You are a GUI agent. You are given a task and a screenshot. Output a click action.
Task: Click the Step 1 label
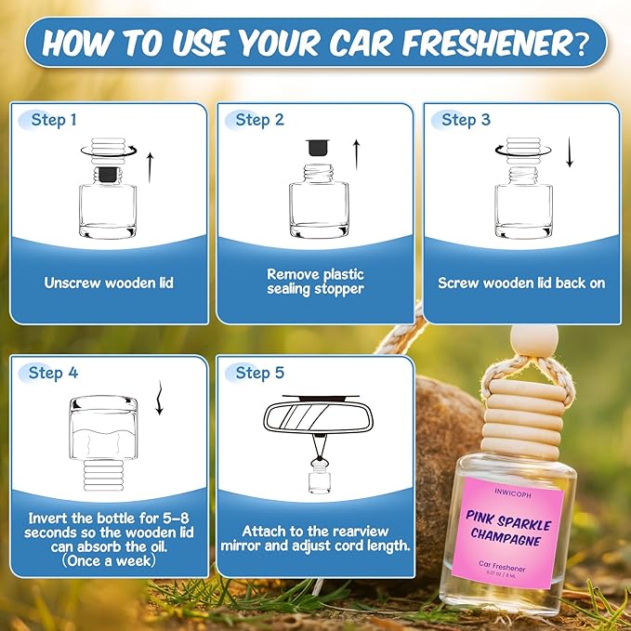tap(47, 121)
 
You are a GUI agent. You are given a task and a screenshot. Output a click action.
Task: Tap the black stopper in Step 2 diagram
tap(318, 148)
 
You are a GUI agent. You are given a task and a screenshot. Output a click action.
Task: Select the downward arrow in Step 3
tap(569, 152)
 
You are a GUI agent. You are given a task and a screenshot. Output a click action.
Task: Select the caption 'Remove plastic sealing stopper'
tap(315, 282)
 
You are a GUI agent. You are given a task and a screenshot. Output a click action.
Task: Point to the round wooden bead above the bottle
tap(518, 337)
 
